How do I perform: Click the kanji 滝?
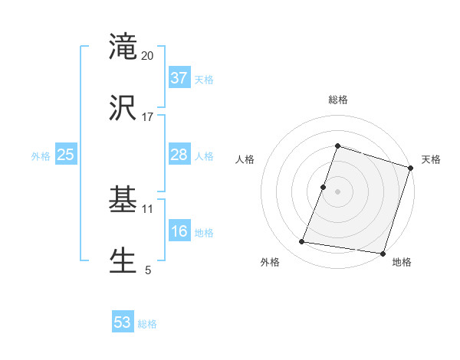coord(123,47)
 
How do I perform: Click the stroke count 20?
coord(148,56)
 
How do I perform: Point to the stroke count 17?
coord(148,117)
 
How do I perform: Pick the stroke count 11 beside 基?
coord(148,208)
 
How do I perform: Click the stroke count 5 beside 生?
coord(148,270)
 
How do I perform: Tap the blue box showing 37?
coord(179,78)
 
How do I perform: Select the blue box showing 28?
coord(179,155)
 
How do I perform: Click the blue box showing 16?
coord(179,231)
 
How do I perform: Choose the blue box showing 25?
coord(66,155)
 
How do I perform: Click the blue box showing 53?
coord(123,322)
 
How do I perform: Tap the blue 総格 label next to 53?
coord(148,324)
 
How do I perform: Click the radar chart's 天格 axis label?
coord(431,159)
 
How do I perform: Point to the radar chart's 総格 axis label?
coord(338,100)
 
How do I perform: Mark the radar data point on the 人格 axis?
coord(324,187)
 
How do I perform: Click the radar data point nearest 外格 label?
coord(302,242)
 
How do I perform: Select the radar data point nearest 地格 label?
coord(382,253)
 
